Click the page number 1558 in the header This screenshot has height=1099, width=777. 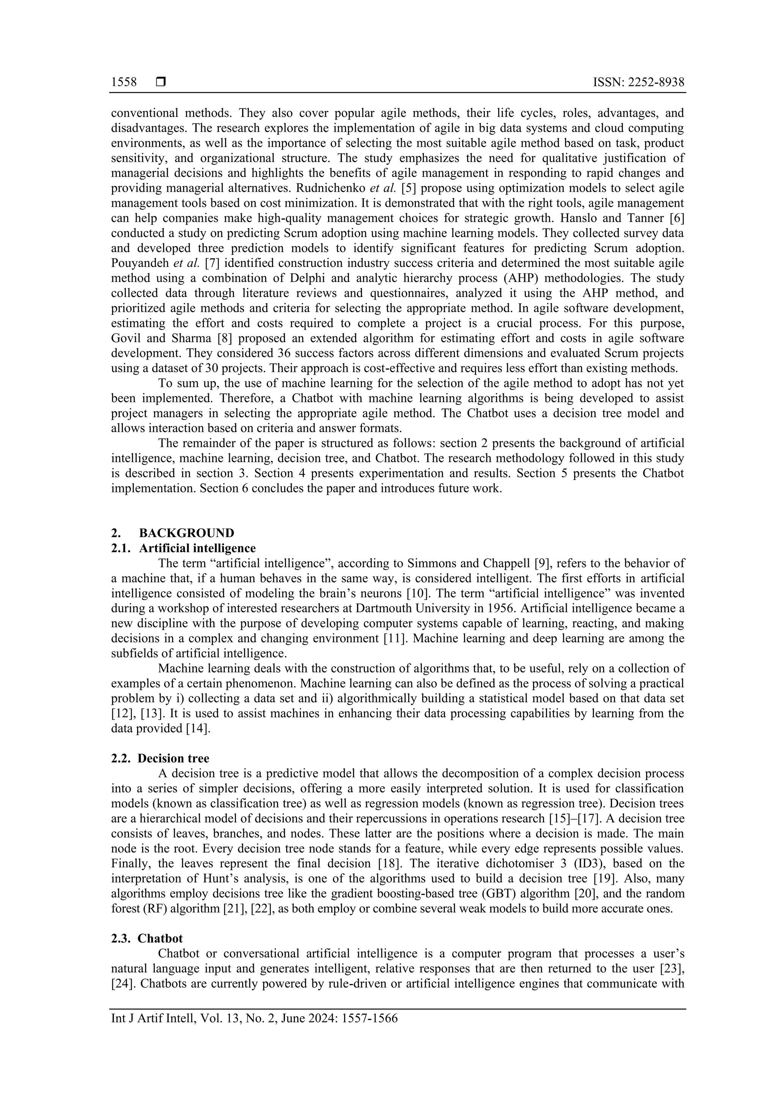124,83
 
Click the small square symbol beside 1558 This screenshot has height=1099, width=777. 160,83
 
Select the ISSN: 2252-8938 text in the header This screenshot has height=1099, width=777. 638,83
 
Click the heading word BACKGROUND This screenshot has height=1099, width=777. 187,533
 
